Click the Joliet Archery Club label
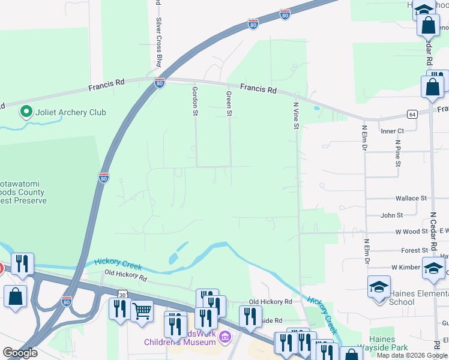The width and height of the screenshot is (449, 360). [x=71, y=112]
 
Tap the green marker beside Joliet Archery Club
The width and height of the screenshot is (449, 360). [x=26, y=112]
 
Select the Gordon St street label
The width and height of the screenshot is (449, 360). [x=194, y=100]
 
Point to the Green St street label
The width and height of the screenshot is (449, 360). [x=229, y=103]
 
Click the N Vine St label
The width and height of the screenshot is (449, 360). [x=295, y=113]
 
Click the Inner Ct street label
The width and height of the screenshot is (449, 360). [x=393, y=131]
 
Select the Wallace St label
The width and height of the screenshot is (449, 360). [x=411, y=198]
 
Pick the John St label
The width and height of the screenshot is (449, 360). [x=391, y=215]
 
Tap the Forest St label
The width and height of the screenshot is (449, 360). [x=414, y=251]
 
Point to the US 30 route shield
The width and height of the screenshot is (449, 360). [x=122, y=295]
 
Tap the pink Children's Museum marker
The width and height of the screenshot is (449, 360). [x=225, y=336]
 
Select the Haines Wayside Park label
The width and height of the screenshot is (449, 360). [x=381, y=343]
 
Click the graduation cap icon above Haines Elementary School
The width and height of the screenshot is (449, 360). [x=379, y=287]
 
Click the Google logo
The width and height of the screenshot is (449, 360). [x=20, y=353]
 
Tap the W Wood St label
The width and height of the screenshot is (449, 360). [x=411, y=231]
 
